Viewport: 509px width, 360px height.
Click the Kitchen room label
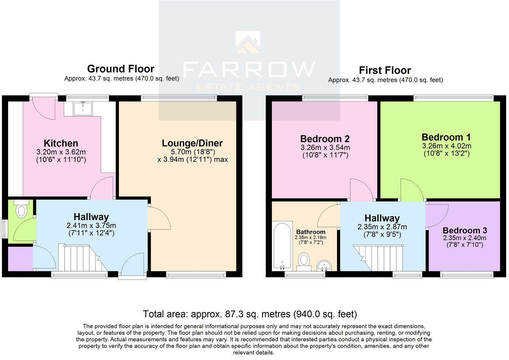[61, 143]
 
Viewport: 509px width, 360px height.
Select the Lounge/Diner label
[192, 143]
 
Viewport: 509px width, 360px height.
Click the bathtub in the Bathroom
[283, 245]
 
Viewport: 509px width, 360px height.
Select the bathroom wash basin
[323, 265]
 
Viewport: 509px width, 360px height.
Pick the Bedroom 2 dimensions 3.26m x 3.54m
[325, 148]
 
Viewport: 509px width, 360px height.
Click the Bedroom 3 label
[464, 231]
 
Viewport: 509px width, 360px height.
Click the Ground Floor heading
[121, 69]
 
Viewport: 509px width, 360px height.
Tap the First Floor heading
[385, 70]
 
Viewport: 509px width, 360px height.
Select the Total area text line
[250, 314]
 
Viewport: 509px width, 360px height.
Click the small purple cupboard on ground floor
[20, 259]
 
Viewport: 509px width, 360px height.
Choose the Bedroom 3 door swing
[437, 216]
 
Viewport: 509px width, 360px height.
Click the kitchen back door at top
[43, 108]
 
